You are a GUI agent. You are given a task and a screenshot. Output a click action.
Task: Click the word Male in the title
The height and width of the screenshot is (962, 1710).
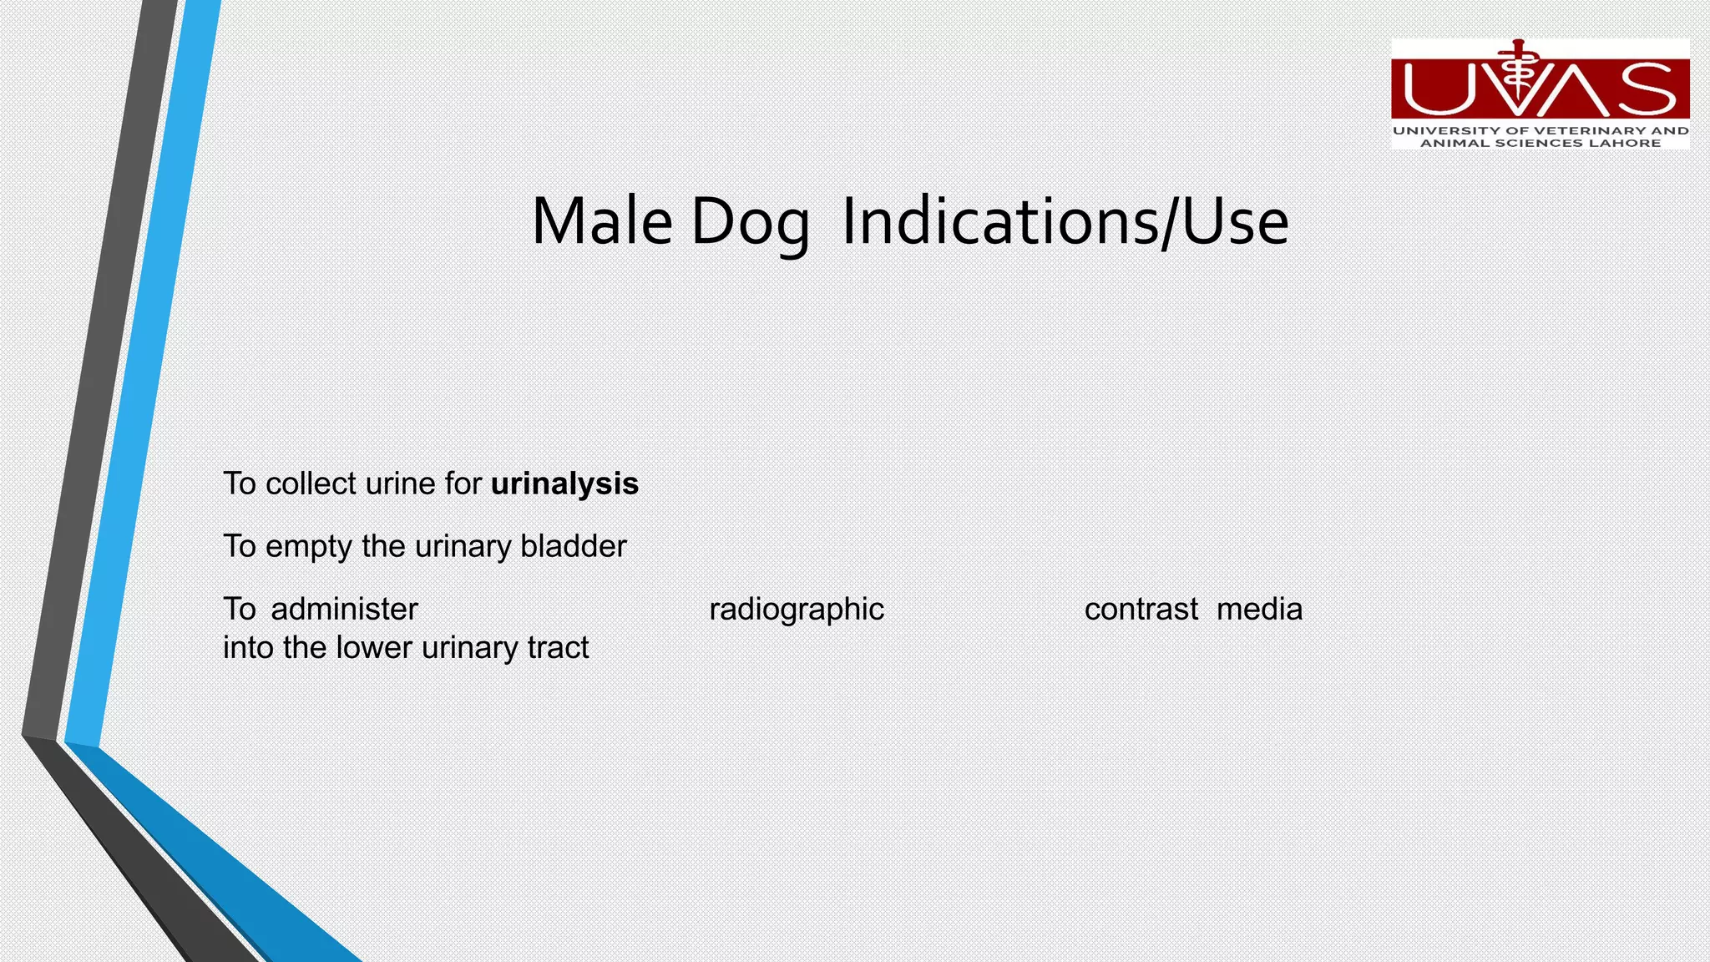(x=601, y=221)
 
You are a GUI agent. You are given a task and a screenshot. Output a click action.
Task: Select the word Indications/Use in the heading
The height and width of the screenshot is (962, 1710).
(x=1065, y=221)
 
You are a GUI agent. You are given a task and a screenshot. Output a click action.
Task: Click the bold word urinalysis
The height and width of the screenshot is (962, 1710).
(x=564, y=484)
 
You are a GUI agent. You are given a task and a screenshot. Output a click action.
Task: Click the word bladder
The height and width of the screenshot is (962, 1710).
(x=573, y=546)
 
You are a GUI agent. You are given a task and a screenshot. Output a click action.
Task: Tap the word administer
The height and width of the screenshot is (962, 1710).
(x=344, y=610)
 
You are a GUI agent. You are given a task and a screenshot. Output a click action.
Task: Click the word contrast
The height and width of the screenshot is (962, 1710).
(x=1141, y=610)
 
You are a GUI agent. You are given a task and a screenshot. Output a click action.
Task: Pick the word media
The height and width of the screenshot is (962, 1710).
(x=1259, y=610)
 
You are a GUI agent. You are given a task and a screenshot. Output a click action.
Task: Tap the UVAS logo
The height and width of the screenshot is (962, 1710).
(x=1540, y=94)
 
